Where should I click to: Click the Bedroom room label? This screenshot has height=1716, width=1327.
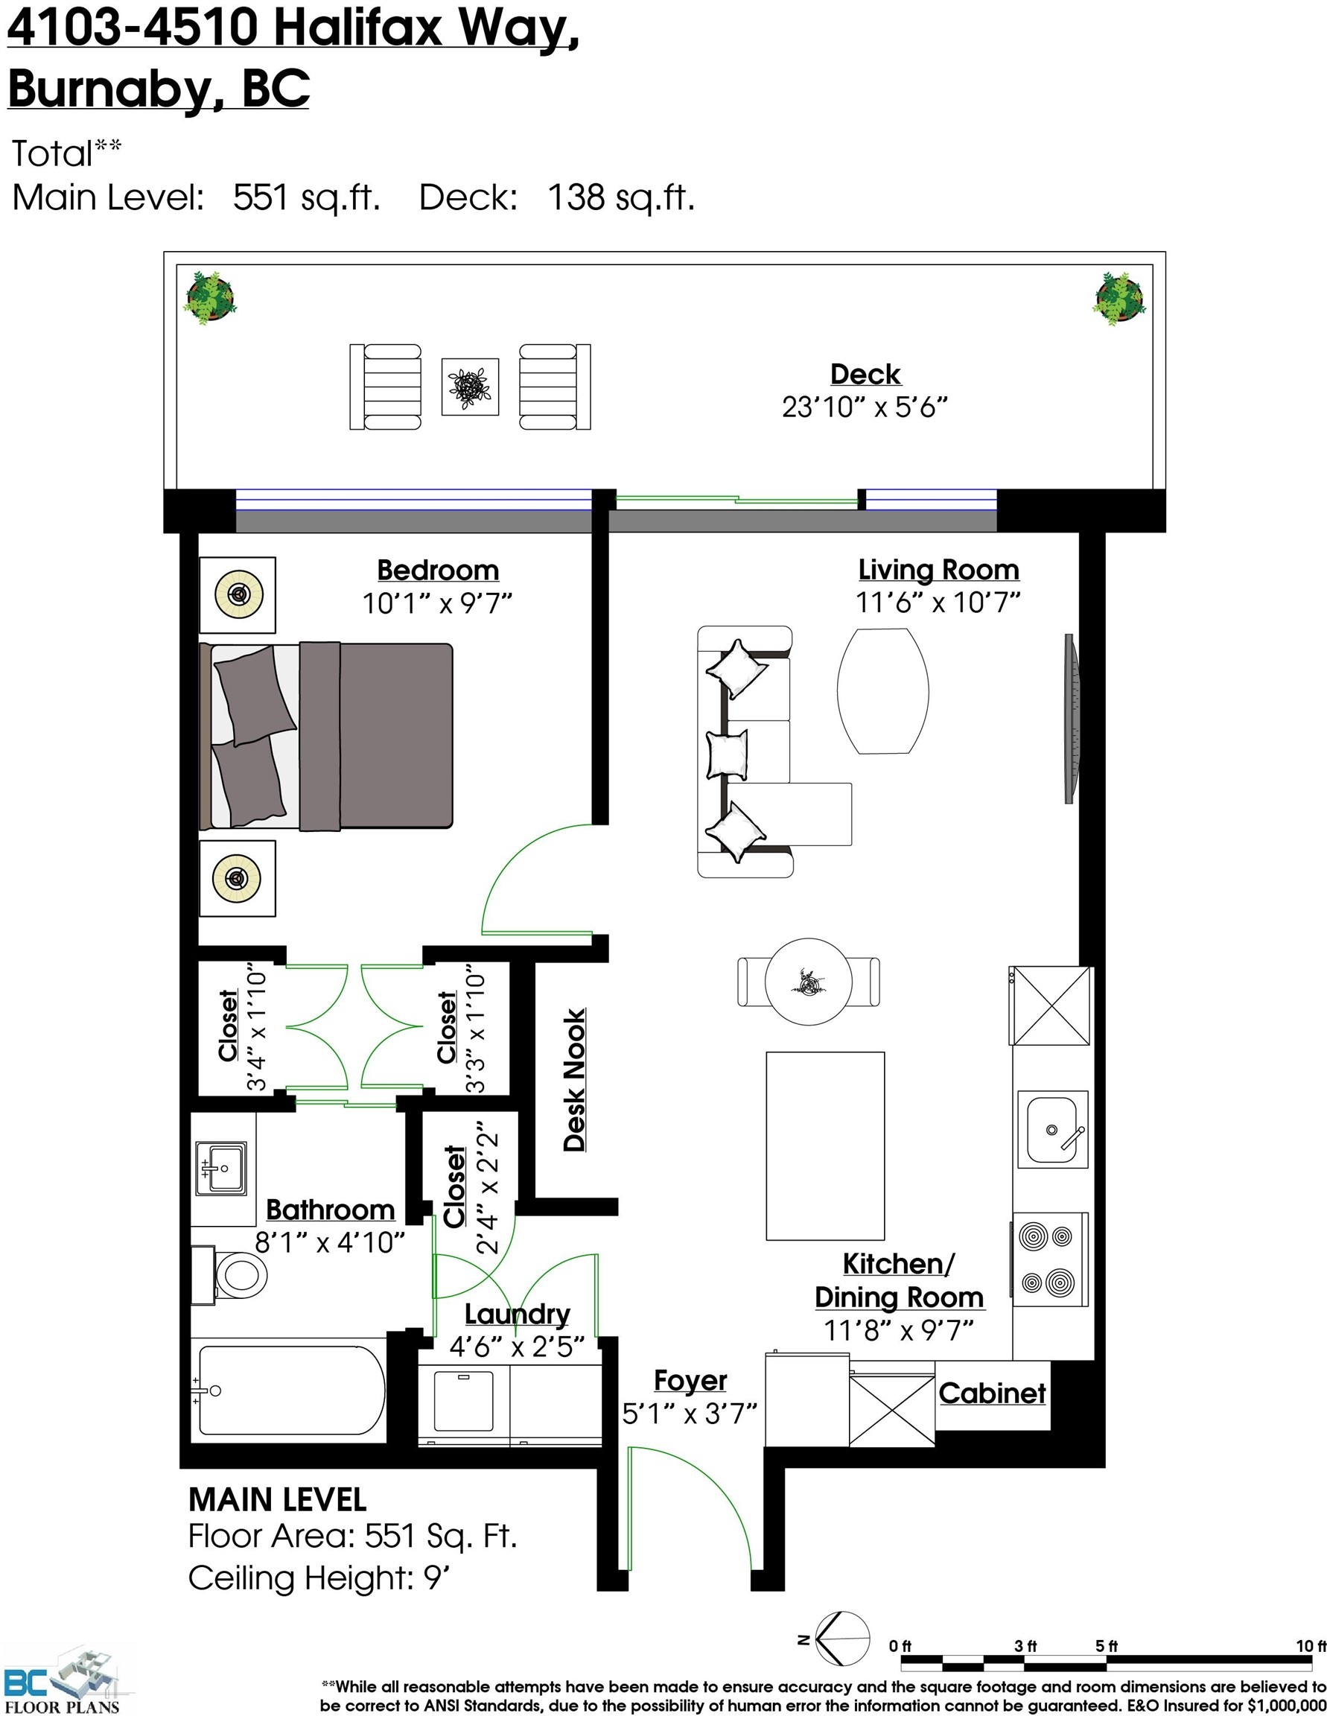(438, 571)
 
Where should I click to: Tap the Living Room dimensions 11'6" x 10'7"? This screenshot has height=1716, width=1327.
(938, 603)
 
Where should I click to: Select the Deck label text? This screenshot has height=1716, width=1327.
(865, 374)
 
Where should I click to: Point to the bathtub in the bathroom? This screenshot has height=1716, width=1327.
(291, 1390)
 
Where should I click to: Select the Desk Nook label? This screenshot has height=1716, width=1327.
(575, 1081)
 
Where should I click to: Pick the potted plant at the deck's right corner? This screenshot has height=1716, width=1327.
(1118, 299)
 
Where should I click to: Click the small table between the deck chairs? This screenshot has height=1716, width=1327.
(470, 387)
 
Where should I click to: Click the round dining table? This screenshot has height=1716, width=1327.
(809, 982)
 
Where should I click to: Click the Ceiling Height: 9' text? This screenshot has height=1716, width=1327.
(319, 1577)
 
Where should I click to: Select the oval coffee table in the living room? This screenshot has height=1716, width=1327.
(883, 691)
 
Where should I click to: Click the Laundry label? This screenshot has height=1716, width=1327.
(517, 1314)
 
